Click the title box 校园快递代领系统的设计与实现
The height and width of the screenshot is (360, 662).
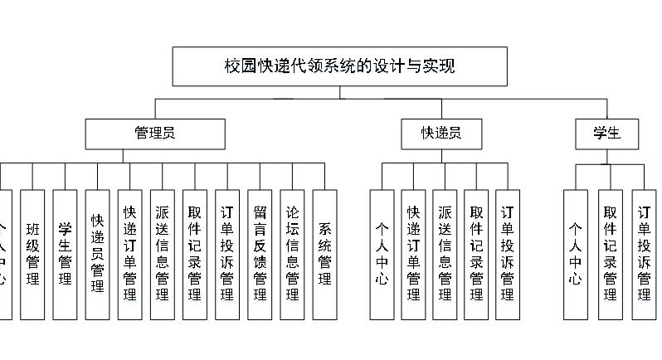point(339,66)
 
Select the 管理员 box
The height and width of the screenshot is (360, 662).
point(155,134)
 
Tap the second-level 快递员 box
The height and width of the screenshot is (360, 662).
point(441,134)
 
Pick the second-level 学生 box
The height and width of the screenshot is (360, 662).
point(607,134)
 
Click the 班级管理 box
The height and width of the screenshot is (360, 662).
point(32,254)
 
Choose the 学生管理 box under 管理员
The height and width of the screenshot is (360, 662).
point(65,254)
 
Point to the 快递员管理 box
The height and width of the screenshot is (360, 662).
point(97,254)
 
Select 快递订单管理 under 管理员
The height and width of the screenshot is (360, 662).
point(129,254)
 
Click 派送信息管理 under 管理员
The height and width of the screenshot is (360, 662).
point(162,254)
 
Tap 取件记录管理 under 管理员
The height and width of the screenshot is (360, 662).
point(195,254)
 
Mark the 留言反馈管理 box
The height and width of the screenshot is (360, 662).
point(260,254)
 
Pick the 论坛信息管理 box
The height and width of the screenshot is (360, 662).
point(292,254)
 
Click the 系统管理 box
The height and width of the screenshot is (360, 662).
point(324,254)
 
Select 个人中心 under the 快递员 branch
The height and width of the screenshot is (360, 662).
point(382,254)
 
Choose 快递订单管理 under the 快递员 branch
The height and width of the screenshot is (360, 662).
point(414,254)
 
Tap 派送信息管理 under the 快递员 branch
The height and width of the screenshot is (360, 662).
point(445,254)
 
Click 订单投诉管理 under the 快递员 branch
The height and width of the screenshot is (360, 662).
point(508,254)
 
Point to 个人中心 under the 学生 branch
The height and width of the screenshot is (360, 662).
point(576,254)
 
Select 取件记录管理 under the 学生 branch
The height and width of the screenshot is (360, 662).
point(611,254)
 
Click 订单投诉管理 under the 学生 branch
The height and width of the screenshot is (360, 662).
point(644,254)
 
